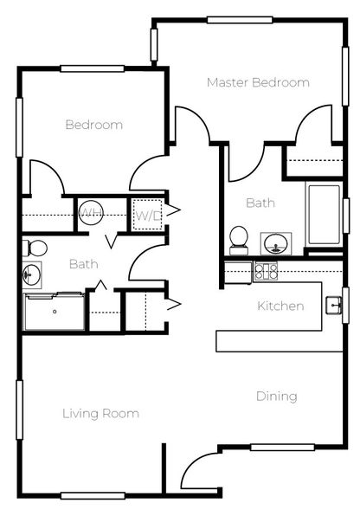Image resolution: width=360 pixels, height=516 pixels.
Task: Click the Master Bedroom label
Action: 258,82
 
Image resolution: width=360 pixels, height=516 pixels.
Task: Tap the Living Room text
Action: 100,414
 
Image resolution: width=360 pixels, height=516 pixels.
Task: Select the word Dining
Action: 276,397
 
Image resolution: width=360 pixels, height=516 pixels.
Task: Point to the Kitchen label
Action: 280,306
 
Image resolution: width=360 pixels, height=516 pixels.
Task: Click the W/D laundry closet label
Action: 145,215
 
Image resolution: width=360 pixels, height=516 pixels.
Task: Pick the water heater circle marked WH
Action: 91,212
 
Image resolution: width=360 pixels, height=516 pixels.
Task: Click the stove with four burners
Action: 266,272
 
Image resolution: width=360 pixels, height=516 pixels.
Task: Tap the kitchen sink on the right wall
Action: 333,304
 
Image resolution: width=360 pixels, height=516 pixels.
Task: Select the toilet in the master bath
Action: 238,239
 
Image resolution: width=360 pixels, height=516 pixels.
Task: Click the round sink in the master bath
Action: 276,242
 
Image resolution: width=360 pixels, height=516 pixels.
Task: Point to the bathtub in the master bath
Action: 324,214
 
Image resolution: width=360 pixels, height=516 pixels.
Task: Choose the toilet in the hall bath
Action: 34,248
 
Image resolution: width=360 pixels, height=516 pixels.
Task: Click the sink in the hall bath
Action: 31,274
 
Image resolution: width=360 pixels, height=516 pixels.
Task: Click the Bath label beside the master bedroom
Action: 260,203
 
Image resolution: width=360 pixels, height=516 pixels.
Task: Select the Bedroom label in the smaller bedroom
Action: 93,125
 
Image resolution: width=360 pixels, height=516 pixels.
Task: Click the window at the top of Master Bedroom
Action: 240,20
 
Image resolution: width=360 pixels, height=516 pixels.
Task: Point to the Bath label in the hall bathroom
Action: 83,264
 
